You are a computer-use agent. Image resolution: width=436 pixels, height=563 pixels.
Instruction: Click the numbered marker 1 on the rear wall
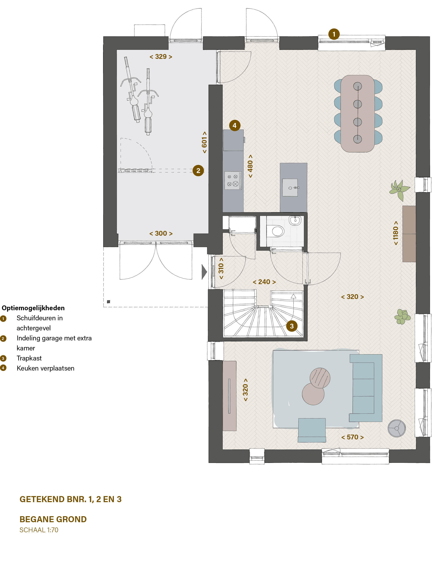coord(334,34)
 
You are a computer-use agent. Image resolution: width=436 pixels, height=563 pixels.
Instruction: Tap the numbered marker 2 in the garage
coord(198,171)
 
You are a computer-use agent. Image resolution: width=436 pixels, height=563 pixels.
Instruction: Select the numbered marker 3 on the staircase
coord(292,326)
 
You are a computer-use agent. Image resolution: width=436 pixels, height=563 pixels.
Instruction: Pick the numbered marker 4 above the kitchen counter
coord(235,125)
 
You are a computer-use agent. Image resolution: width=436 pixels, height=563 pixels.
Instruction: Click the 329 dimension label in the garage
coord(161,57)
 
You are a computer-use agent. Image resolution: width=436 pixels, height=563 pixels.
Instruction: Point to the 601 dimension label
coord(204,142)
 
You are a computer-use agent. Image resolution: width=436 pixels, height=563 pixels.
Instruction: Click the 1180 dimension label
coord(396,233)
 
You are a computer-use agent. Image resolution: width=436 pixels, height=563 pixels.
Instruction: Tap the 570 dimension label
coord(352,437)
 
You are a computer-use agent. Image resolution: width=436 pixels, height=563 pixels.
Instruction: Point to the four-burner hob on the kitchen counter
coord(233,180)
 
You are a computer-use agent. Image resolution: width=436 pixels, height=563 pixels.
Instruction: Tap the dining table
coord(358,114)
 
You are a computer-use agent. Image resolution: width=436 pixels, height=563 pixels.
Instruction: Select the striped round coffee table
coord(320,378)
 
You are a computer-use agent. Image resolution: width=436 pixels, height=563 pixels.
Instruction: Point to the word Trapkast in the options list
coord(29,358)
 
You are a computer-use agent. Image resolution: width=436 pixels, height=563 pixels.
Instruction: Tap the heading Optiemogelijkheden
coord(33,308)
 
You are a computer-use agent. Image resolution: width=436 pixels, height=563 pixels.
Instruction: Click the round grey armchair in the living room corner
coord(397,428)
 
